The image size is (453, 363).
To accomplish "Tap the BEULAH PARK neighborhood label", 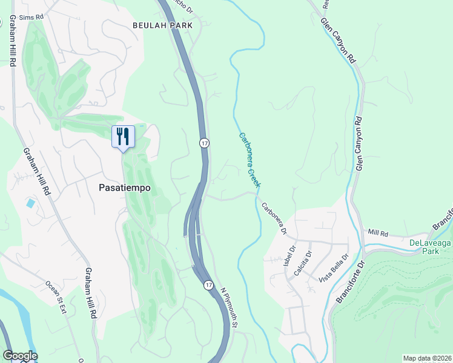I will pyautogui.click(x=162, y=25).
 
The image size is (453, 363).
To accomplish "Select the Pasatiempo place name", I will pyautogui.click(x=124, y=188).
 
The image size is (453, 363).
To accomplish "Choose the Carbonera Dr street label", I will pyautogui.click(x=274, y=218).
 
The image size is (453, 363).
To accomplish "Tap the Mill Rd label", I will pyautogui.click(x=377, y=232).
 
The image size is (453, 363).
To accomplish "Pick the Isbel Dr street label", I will pyautogui.click(x=288, y=257).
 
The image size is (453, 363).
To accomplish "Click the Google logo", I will pyautogui.click(x=19, y=356).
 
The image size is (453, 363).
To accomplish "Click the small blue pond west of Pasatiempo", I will pyautogui.click(x=30, y=203).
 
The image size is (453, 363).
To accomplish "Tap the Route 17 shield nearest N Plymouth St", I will pyautogui.click(x=208, y=285).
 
